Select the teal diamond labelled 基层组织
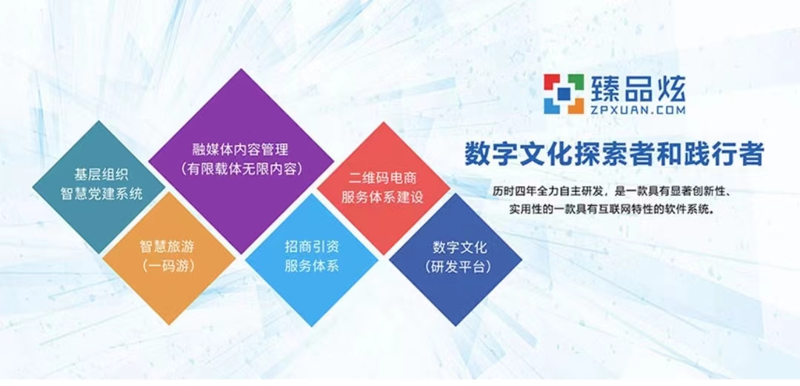(x=99, y=187)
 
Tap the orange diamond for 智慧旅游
(x=168, y=259)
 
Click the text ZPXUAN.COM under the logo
(x=639, y=109)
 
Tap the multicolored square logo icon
(x=564, y=94)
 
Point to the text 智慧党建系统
(x=101, y=194)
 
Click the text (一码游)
(x=168, y=265)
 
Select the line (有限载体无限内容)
(x=241, y=168)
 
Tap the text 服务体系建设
(x=383, y=198)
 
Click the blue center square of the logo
(x=564, y=94)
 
